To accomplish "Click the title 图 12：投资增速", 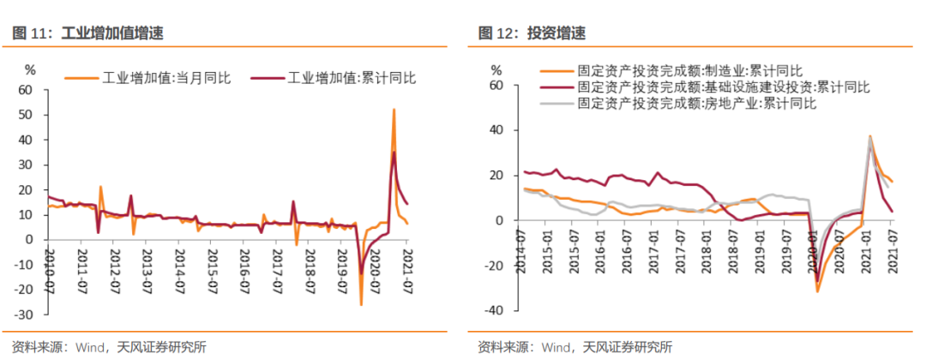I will [532, 33].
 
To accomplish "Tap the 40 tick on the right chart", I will [496, 130].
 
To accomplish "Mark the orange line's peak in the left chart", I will [394, 109].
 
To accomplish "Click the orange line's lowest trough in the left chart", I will [361, 304].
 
